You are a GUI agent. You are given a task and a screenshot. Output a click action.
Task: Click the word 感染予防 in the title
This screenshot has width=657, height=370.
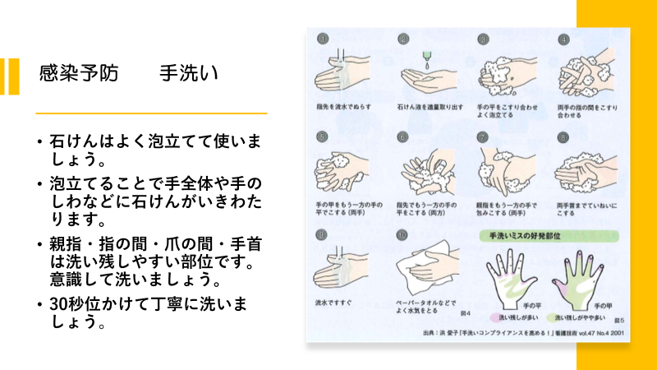[x=79, y=74]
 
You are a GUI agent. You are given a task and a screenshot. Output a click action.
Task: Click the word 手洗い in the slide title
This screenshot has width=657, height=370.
[x=188, y=74]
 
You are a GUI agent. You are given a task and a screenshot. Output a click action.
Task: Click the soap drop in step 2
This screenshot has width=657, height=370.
[x=427, y=58]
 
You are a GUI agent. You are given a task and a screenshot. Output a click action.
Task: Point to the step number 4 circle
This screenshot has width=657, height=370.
[x=564, y=39]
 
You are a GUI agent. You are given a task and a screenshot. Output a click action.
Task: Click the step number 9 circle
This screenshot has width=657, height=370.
[x=324, y=235]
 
